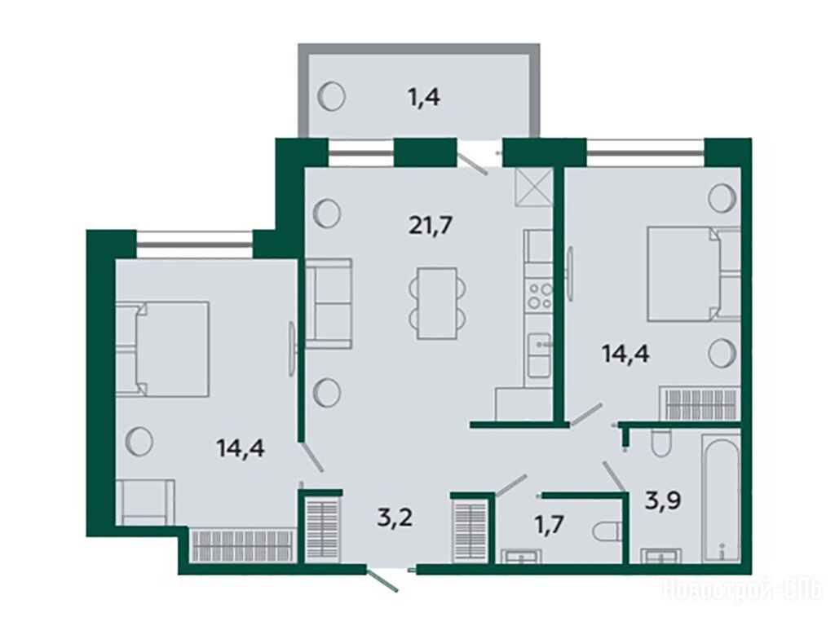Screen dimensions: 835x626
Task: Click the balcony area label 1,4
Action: point(425,98)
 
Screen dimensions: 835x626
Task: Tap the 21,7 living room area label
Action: point(431,226)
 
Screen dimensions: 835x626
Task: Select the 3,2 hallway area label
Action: point(395,518)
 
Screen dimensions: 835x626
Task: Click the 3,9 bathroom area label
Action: point(664,501)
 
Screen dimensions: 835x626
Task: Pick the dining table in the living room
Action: point(437,303)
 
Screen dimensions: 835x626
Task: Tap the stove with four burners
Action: point(539,297)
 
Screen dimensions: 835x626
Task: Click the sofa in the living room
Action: point(328,303)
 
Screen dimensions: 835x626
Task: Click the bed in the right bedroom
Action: point(693,274)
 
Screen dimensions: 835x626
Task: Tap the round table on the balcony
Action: point(331,97)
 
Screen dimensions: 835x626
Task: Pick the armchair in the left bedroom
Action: point(145,502)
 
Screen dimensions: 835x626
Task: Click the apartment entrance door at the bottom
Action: point(382,580)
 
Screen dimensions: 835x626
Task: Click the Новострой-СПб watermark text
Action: point(742,591)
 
